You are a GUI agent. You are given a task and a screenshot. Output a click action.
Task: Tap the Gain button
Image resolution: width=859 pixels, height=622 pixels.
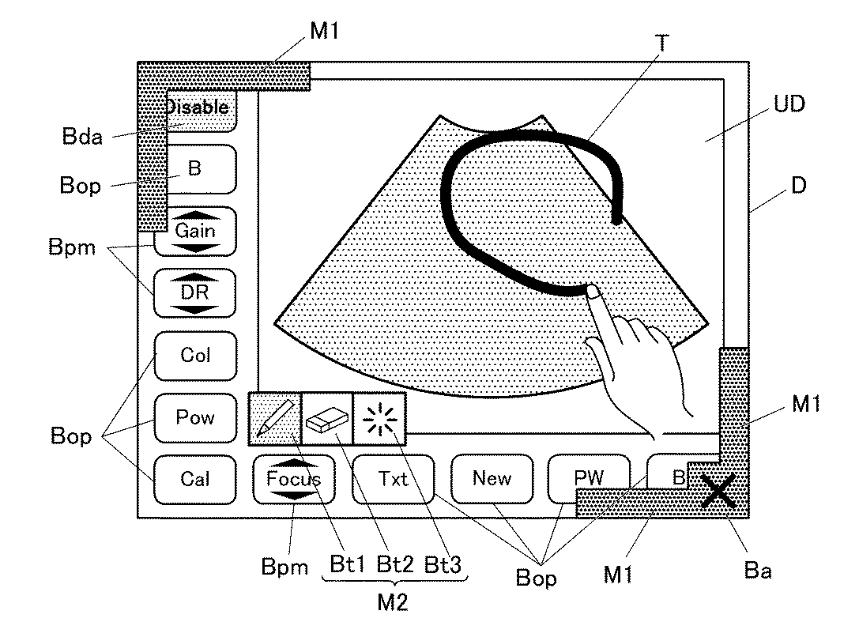pos(195,232)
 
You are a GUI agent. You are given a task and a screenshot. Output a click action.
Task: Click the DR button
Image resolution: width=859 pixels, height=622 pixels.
pos(195,293)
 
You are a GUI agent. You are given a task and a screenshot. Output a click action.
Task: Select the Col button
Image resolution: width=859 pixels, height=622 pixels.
pos(195,355)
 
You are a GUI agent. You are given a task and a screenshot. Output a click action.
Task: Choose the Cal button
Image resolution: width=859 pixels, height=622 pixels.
pos(195,479)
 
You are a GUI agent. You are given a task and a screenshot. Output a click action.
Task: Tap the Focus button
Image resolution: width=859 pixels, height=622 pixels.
pos(294,479)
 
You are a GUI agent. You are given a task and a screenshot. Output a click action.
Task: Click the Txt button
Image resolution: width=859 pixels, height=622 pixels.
pos(393,479)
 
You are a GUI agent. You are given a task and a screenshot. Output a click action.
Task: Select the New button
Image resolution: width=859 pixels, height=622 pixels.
pos(492,479)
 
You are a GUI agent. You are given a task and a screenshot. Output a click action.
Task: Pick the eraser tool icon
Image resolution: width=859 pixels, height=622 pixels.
pos(326,418)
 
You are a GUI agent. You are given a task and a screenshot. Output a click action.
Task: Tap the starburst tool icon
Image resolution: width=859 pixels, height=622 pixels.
pos(379,418)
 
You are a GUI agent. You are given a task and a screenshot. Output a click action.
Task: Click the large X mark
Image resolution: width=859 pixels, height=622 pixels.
pos(719,492)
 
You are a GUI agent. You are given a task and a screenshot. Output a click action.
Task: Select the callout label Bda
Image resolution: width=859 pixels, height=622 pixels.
pos(81,137)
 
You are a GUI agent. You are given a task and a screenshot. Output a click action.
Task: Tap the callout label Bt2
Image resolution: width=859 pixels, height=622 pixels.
pos(394,565)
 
